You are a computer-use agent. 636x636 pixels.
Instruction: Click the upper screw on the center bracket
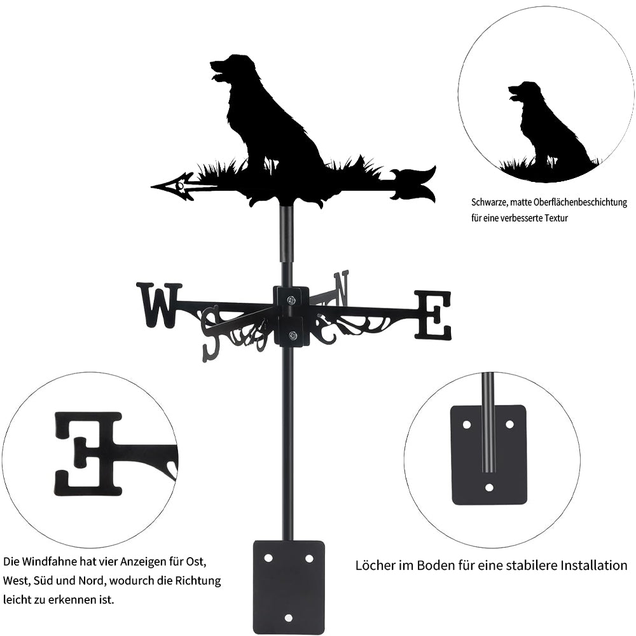(291, 300)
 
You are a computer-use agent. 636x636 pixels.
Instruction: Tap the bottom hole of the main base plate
(289, 618)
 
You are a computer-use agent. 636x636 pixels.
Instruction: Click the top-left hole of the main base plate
(268, 558)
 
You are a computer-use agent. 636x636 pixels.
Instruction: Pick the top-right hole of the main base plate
(310, 558)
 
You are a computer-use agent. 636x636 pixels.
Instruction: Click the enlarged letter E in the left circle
(89, 453)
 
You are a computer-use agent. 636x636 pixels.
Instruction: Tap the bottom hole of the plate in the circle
(489, 488)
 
